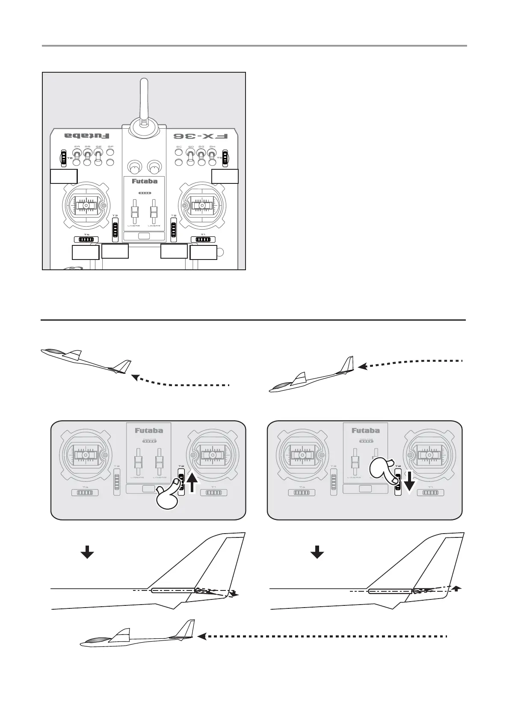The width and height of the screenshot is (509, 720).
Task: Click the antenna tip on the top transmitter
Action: coord(145,82)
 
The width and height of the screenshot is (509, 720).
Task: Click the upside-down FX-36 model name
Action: coord(201,136)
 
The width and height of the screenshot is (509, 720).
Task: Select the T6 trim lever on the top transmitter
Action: coord(63,158)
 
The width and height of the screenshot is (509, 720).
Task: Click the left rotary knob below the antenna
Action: coord(134,166)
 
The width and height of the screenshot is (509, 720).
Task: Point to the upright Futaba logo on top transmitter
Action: coord(145,181)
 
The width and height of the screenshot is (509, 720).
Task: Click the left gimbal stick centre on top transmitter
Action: coord(86,206)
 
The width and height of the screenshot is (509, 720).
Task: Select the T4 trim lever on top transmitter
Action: coord(86,240)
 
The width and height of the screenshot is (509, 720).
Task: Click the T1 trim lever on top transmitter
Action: coord(203,240)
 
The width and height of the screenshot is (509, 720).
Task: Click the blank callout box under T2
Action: coord(174,251)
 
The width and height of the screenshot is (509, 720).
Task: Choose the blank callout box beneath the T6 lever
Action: coord(64,176)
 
